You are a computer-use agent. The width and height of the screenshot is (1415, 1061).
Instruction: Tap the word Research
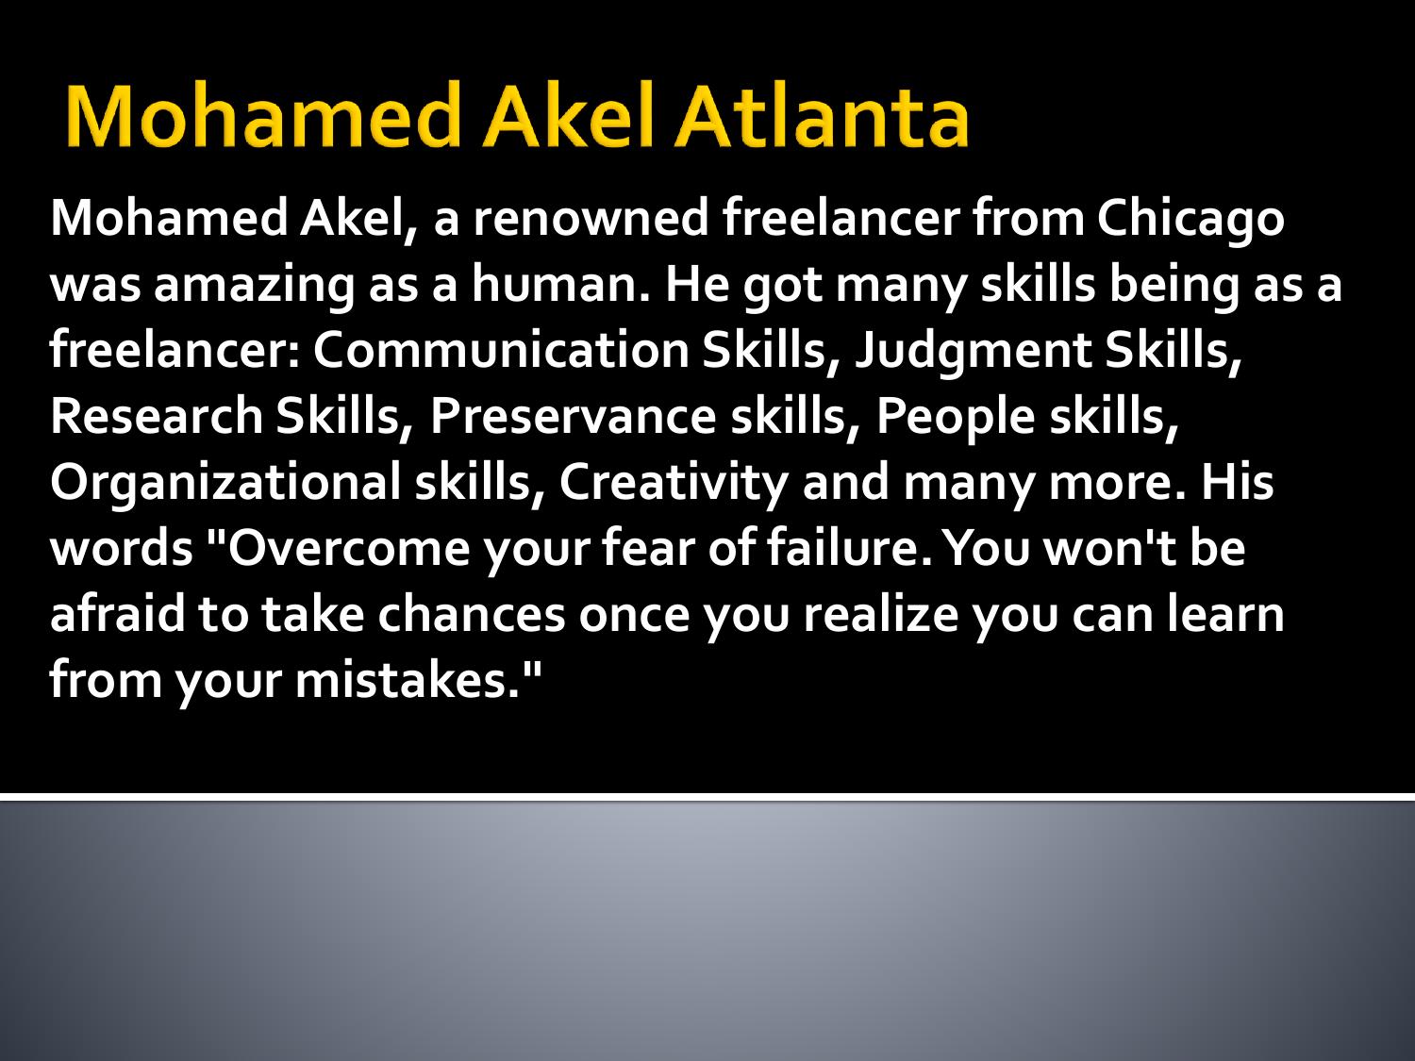157,417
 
